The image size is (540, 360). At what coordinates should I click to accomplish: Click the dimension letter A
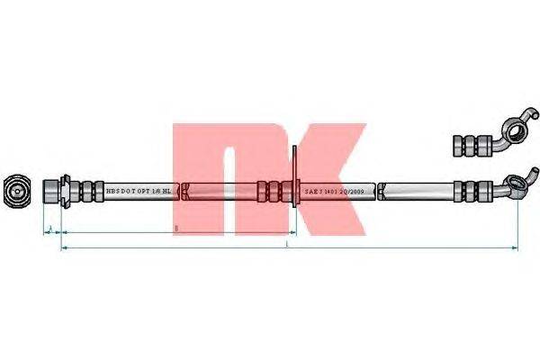tap(51, 227)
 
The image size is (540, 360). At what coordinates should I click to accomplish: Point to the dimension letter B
tap(176, 229)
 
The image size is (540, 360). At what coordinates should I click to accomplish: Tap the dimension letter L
tap(286, 243)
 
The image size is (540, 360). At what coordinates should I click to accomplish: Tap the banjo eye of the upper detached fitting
tap(515, 134)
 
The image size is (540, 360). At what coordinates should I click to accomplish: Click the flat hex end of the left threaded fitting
tap(52, 191)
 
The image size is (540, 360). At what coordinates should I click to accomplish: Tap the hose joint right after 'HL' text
tap(184, 191)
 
